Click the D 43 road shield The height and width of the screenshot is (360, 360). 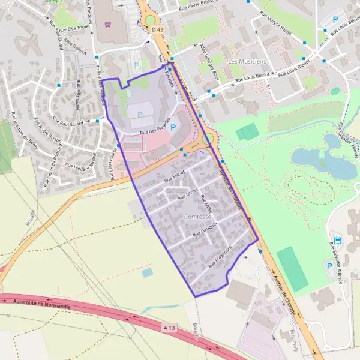point(157,29)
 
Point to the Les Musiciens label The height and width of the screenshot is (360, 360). point(247,61)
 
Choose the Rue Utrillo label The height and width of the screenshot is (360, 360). point(188,193)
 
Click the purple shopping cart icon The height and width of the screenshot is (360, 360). point(108,25)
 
